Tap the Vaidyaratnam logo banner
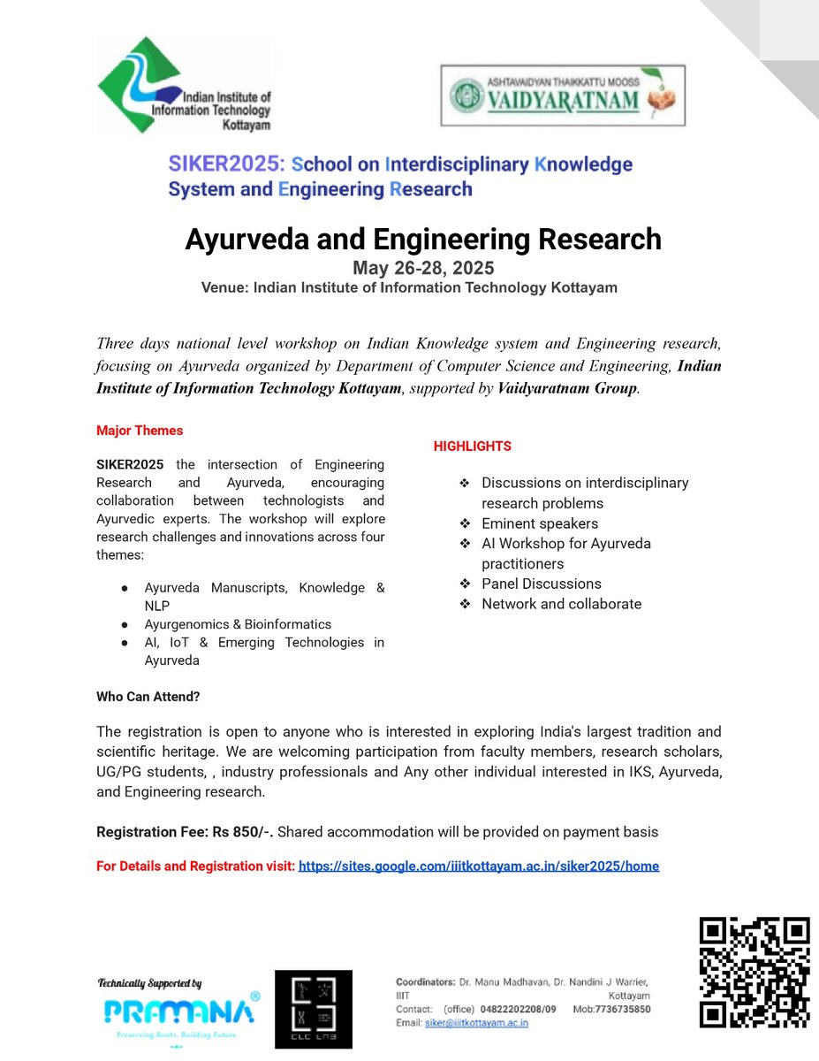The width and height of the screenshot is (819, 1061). [x=563, y=95]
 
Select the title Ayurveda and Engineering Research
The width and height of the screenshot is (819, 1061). [x=422, y=239]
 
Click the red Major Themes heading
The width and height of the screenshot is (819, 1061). [x=140, y=431]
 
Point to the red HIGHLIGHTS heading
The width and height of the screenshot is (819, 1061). [x=472, y=447]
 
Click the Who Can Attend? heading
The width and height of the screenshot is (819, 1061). [x=148, y=697]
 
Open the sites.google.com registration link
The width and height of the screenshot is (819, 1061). [x=478, y=866]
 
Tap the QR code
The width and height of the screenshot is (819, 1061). [x=755, y=972]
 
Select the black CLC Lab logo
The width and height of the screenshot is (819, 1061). [x=313, y=1009]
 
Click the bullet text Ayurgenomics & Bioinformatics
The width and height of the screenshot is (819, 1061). [x=238, y=624]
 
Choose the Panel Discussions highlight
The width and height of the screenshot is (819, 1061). [x=541, y=584]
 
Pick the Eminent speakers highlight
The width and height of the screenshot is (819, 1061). [x=539, y=523]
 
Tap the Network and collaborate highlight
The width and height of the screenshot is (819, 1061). [x=561, y=604]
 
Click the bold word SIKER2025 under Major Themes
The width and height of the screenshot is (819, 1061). [x=130, y=464]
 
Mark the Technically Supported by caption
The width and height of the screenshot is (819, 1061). [x=149, y=983]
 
